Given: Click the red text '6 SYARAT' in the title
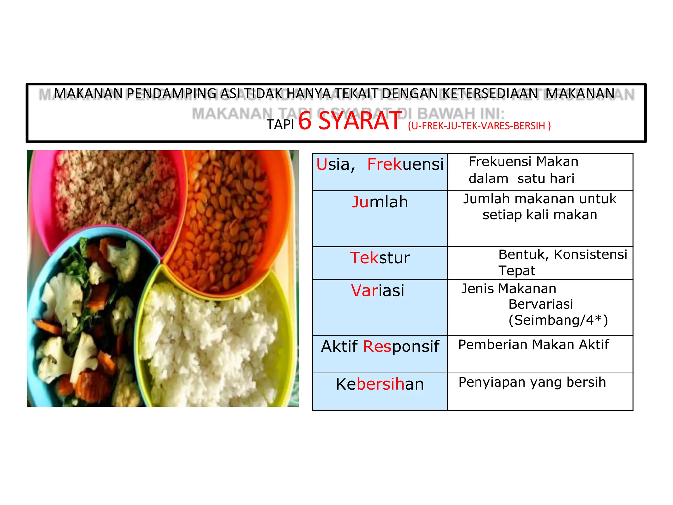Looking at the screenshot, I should click(x=350, y=121).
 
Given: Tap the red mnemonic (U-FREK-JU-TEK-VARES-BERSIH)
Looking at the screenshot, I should click(x=479, y=126).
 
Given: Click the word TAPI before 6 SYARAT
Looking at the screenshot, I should click(x=280, y=125).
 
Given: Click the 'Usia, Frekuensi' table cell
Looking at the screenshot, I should click(x=380, y=164).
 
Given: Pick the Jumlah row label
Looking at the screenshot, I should click(x=380, y=202).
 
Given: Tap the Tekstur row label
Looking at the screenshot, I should click(x=380, y=258).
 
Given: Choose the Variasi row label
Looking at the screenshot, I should click(x=377, y=291).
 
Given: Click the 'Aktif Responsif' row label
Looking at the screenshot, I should click(x=380, y=347).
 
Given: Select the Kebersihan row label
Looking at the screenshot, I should click(x=380, y=384).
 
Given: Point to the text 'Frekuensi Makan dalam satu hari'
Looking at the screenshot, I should click(x=523, y=170).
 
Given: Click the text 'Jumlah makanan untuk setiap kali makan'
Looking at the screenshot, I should click(x=540, y=207).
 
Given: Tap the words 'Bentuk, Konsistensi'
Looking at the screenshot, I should click(x=563, y=254).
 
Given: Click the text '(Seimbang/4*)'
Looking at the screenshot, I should click(x=558, y=320).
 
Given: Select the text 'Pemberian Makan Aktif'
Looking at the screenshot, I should click(x=533, y=345).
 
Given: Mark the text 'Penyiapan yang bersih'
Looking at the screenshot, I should click(x=532, y=382).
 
